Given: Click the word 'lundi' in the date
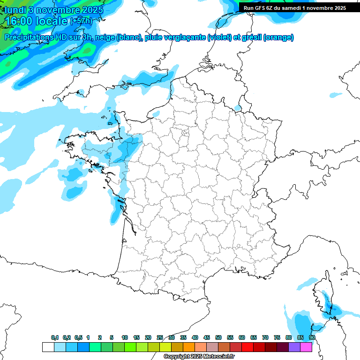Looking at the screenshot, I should tap(15, 10).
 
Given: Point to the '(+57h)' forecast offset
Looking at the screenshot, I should tap(81, 21).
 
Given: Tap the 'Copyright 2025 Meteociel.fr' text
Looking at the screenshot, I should tap(199, 357).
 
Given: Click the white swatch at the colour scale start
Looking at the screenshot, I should tap(48, 347).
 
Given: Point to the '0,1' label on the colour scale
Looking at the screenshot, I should tap(54, 338).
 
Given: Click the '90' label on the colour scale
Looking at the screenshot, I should tap(312, 338).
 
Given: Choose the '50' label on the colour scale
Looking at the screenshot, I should tap(218, 338).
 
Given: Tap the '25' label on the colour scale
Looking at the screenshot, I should tap(160, 338).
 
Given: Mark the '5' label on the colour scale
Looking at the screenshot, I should tap(112, 338).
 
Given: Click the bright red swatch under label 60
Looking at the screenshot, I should tap(247, 347).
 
